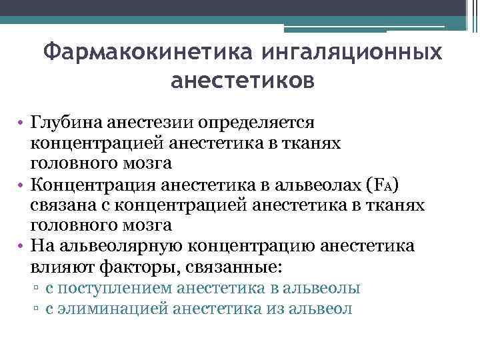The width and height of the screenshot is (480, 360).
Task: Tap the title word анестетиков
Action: (241, 81)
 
